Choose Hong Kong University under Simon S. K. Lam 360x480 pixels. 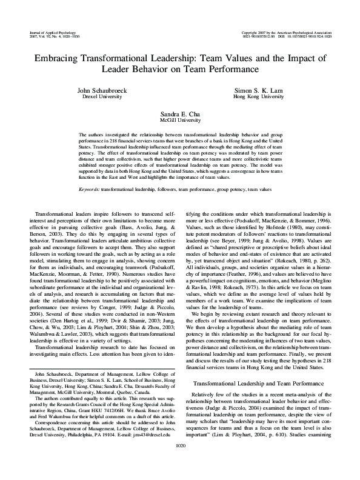259,96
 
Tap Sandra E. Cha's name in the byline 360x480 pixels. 179,114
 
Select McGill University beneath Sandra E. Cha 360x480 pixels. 179,120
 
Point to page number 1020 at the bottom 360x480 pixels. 179,462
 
